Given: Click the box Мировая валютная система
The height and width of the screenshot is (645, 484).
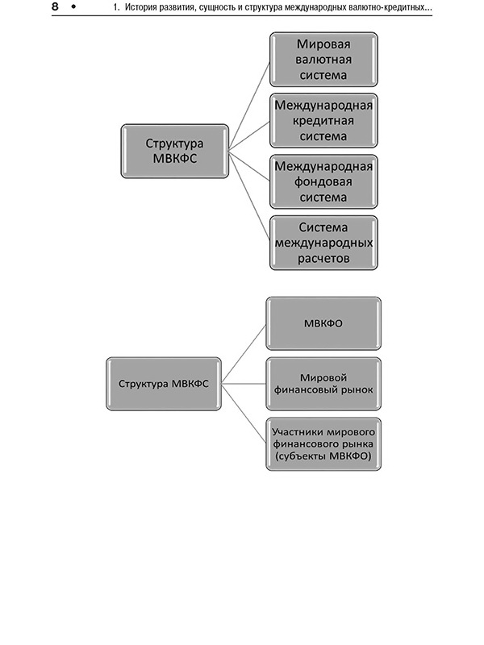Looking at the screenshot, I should pos(323,59).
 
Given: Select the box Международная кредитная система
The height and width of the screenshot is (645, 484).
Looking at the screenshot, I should pos(323,120).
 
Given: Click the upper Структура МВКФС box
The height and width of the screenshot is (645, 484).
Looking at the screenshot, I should pos(174,151).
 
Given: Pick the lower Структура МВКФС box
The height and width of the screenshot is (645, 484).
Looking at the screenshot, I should pos(164,383).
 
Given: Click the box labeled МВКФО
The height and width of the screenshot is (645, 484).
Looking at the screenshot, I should pos(323,323).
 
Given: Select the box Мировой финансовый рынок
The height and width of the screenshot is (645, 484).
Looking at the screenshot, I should pos(323,384).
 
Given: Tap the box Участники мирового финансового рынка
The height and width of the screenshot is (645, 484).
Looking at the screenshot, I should pos(323,444).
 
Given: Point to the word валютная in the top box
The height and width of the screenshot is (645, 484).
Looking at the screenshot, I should pos(323,59).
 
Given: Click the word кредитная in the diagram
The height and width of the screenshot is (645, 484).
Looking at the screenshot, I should pos(323,121).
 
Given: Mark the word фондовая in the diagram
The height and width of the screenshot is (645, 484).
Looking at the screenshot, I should pos(323,182).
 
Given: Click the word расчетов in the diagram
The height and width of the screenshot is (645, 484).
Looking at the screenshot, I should pos(323,260).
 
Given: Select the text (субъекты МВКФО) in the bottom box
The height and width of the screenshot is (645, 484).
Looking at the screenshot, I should pos(323,456).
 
